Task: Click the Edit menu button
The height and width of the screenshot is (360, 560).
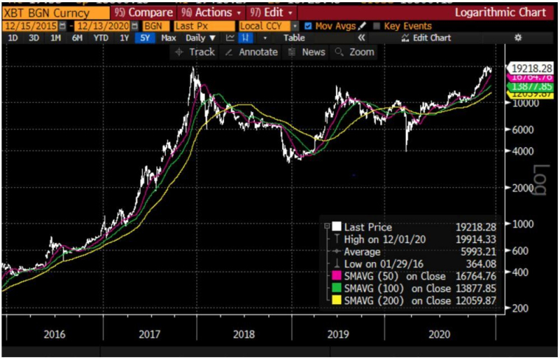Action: pos(271,13)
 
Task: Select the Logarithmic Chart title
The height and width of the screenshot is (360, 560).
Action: pos(500,13)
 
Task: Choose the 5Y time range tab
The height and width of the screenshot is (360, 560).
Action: pos(144,38)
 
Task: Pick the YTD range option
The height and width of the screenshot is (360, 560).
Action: pos(101,38)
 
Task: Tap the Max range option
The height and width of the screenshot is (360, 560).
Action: pos(169,38)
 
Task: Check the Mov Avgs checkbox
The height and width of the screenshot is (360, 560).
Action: pos(308,26)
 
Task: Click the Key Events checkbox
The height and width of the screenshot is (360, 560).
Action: pos(378,26)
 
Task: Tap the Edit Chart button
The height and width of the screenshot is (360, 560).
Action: pos(425,38)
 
